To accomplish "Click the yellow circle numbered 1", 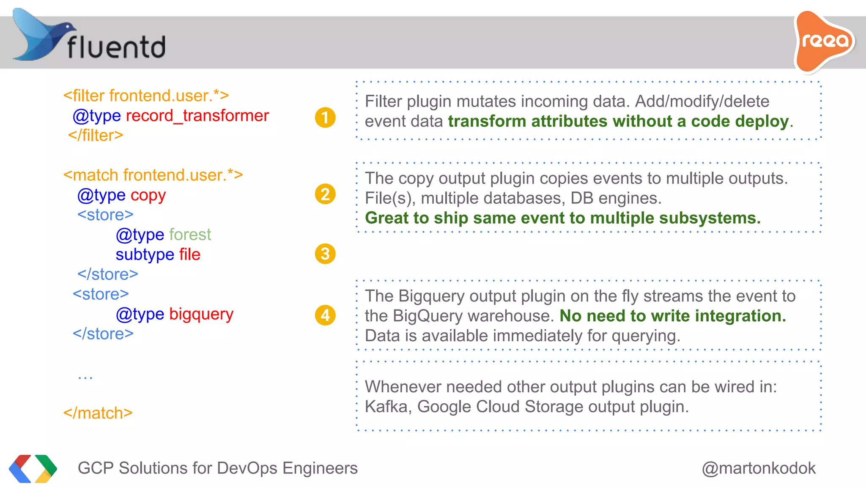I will [325, 118].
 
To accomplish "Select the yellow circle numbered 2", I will [325, 194].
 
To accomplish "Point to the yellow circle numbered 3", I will [325, 254].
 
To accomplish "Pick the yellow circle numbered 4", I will [325, 315].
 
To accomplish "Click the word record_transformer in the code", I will [197, 116].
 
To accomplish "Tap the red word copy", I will [148, 195].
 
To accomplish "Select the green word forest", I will [190, 235].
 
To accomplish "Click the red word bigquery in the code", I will [201, 314].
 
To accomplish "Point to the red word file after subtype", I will [189, 254].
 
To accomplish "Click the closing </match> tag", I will [98, 413].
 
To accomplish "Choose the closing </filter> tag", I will [96, 135].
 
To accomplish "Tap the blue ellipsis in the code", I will [85, 377].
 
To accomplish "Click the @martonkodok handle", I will [759, 468].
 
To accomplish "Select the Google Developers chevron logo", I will [33, 468].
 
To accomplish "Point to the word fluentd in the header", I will [116, 47].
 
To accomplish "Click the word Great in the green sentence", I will [386, 218].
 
